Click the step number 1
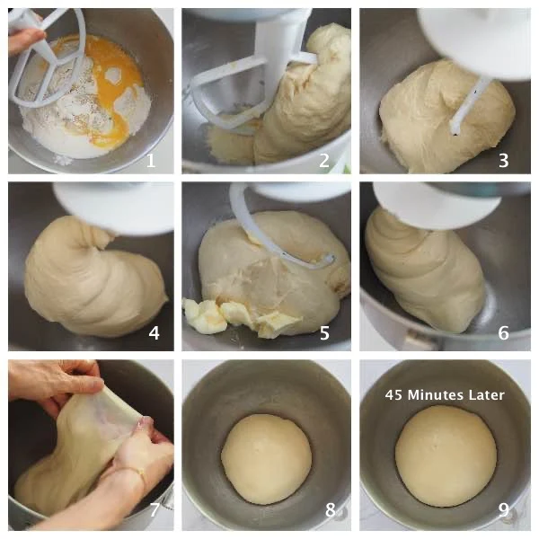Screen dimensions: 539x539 point(151,160)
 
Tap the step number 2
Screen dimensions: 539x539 point(324,160)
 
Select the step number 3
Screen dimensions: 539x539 point(504,160)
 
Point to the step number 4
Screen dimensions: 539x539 point(154,332)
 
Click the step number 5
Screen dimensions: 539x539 point(324,332)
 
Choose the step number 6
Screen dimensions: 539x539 point(504,332)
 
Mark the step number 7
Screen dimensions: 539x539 point(155,509)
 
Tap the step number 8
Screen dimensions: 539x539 point(330,509)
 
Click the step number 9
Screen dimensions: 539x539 point(504,509)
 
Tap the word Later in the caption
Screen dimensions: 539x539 point(489,395)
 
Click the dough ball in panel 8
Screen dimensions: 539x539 point(267,459)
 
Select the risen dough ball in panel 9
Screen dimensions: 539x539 point(446,456)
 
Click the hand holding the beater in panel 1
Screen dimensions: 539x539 point(25,40)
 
